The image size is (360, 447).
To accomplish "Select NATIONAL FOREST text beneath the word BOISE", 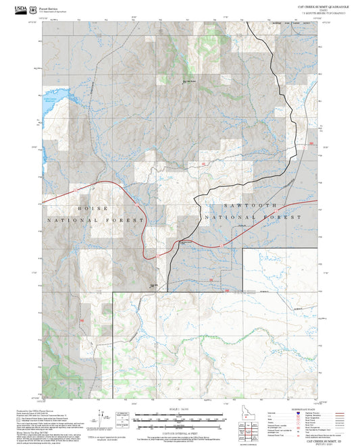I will point(95,221).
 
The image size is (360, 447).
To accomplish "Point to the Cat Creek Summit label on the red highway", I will point(188,242).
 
